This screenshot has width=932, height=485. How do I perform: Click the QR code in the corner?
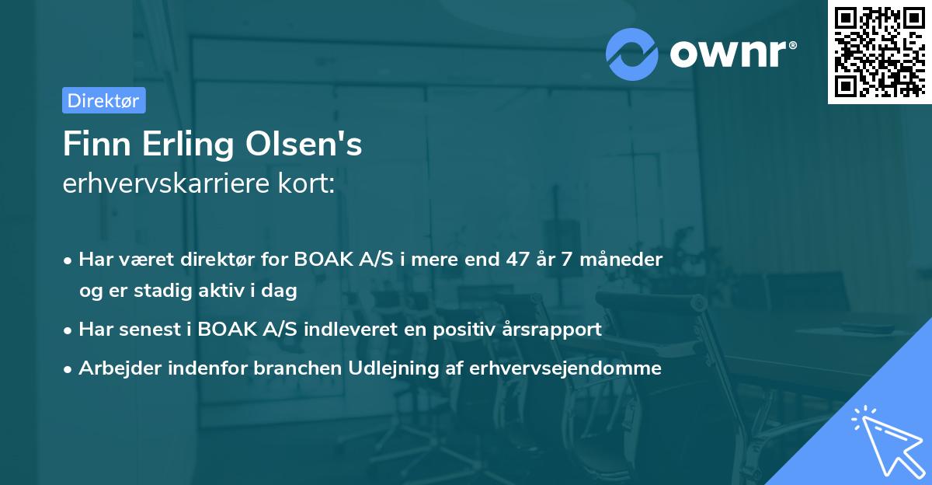coord(879,51)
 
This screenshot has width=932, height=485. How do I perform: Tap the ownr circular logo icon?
coord(631,54)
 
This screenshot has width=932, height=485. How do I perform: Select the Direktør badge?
coord(103,100)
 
